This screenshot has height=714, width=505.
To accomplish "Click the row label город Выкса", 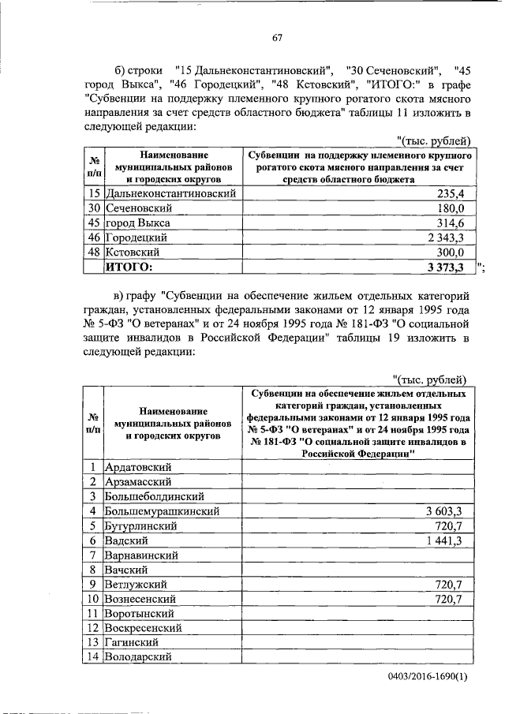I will click(138, 223).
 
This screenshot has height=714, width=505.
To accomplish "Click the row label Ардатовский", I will click(139, 467).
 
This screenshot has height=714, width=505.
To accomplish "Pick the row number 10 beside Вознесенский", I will click(93, 600).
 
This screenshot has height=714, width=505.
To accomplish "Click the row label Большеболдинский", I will click(155, 496).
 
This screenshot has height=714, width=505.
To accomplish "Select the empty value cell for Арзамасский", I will click(355, 482).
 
